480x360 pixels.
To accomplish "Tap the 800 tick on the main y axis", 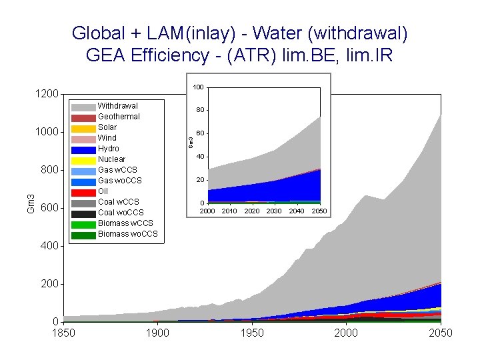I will coord(50,171).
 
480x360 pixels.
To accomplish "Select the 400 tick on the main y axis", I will coord(50,247).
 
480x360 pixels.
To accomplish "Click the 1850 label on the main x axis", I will coord(64,333).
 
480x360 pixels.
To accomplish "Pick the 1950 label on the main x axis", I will coord(252,333).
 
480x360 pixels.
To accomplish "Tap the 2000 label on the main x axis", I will coord(346,333).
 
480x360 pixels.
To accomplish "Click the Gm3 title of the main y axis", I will coord(31,203).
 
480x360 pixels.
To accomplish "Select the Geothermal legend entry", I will coord(119,117).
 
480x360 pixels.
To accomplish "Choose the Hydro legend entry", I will coord(109,149).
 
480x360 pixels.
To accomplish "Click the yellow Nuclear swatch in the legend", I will coord(84,160).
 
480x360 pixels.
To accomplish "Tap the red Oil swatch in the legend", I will coord(84,192).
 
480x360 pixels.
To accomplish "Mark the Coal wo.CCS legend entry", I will coord(120,213).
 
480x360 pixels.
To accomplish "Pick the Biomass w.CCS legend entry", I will coord(125,223).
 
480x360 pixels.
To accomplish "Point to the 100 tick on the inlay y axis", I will coord(198,87).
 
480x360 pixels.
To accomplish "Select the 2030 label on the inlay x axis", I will coord(274,211).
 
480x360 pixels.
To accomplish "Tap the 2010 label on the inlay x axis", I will coord(229,211).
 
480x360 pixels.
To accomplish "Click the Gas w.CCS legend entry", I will coord(119,170).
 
